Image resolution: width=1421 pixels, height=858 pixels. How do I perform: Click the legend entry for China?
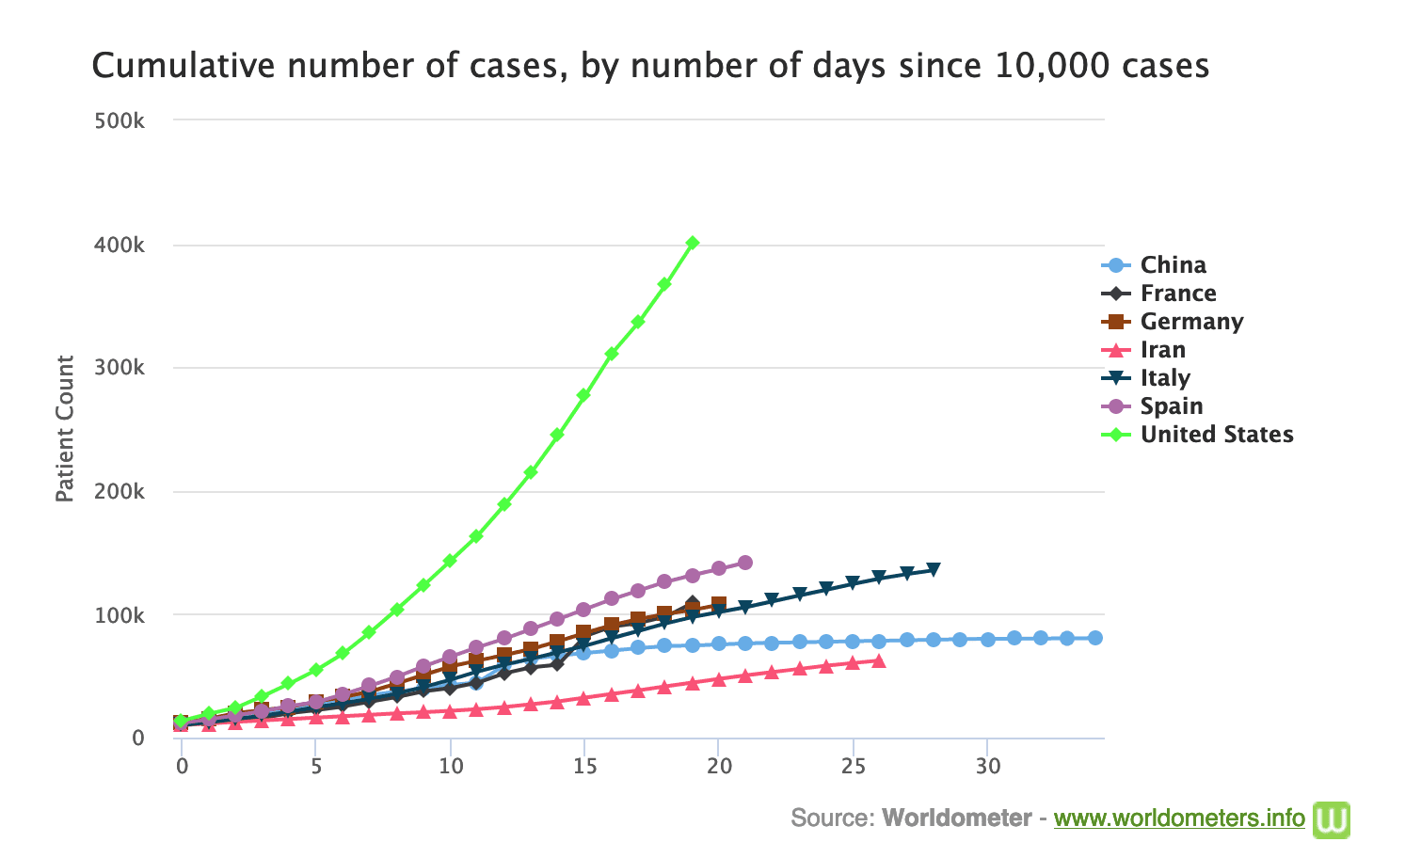point(1173,265)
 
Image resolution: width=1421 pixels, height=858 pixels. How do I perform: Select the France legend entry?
point(1178,294)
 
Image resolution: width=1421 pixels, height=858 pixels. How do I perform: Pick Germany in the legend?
point(1191,322)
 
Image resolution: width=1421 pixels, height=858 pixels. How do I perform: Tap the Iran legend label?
point(1162,350)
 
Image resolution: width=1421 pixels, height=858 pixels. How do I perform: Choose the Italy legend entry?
point(1165,378)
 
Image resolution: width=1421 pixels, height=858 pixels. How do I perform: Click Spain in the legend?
point(1172,406)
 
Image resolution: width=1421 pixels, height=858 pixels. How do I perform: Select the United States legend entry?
point(1216,435)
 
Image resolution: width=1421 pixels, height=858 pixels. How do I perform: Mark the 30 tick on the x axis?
point(987,766)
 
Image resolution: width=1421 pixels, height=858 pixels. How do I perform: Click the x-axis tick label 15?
point(584,766)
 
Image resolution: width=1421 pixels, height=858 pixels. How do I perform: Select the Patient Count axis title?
point(64,429)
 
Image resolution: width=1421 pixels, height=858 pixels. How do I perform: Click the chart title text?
point(650,67)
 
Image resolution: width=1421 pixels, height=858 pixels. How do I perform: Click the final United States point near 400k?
point(693,243)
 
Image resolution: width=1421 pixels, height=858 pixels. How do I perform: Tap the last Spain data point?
point(745,563)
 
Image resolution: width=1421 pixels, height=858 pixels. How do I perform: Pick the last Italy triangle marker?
point(934,570)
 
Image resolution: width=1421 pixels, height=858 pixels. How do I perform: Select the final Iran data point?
point(879,661)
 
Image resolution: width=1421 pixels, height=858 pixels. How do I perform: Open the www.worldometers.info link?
point(1179,818)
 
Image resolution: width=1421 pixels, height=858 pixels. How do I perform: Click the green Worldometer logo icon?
point(1332,818)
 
